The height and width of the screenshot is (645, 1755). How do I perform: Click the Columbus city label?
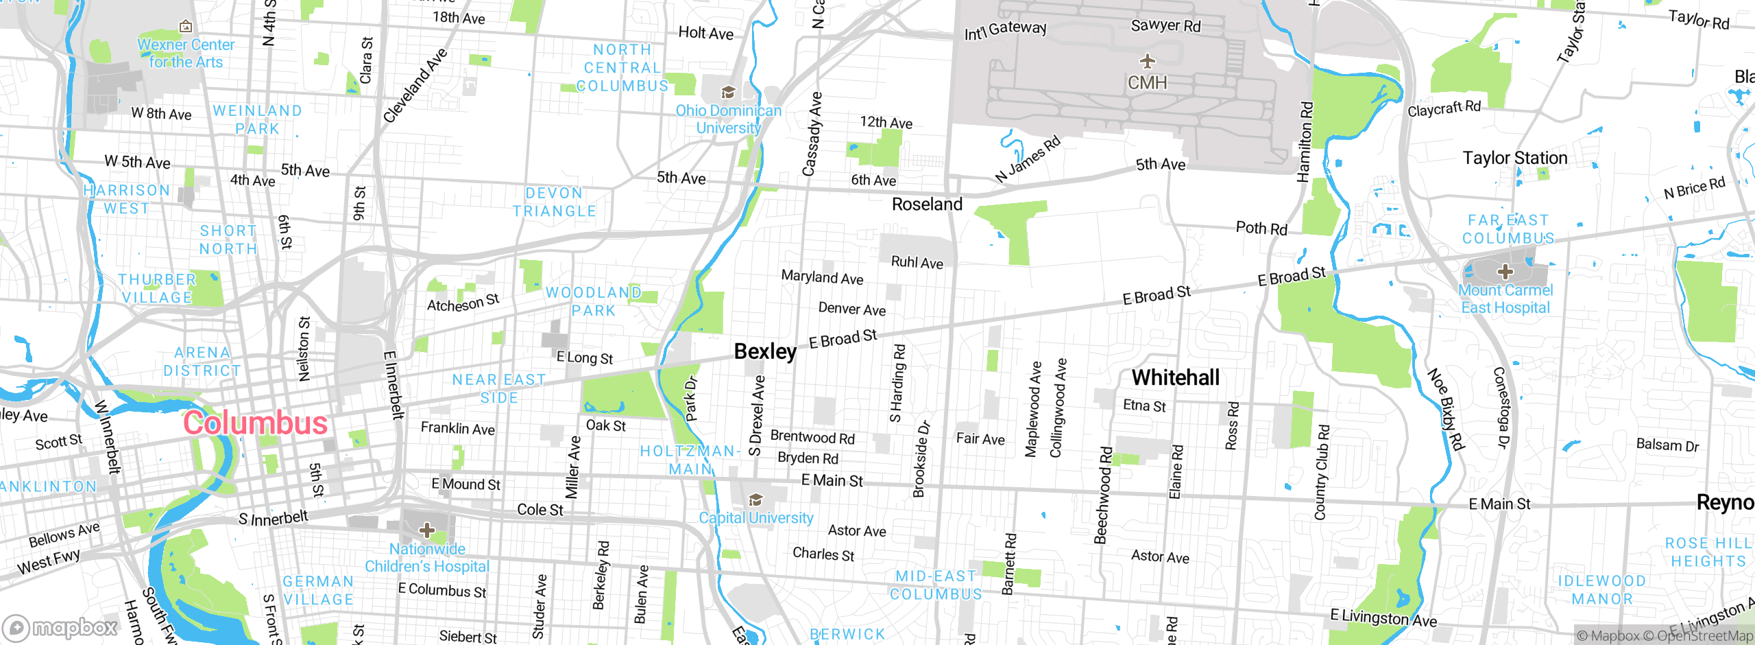click(255, 423)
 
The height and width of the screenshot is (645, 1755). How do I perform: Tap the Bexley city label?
click(765, 351)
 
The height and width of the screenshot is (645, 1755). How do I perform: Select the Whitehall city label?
click(1175, 377)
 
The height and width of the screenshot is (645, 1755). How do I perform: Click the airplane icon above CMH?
click(1148, 61)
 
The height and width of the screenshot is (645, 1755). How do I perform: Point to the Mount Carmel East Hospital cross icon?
click(1505, 272)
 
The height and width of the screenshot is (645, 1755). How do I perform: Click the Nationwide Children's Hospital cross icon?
click(427, 530)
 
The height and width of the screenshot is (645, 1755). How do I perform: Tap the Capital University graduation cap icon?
click(755, 499)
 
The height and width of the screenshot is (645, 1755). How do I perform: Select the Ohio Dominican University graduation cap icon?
click(728, 92)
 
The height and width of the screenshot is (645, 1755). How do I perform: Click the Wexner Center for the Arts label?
click(186, 53)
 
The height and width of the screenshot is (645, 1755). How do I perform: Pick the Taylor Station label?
click(1515, 158)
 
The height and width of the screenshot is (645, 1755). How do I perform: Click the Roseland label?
click(927, 204)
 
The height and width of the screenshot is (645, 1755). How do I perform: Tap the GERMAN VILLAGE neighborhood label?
click(319, 590)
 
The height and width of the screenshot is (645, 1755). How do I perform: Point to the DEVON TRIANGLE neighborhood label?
click(555, 202)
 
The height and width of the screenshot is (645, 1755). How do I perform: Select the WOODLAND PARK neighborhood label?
click(594, 301)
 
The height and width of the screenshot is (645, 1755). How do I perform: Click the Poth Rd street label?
click(1261, 228)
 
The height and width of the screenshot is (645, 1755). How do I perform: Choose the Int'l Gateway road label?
click(1005, 30)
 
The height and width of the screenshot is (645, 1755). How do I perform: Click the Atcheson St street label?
click(463, 303)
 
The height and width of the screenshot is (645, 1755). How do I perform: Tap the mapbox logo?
click(60, 627)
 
